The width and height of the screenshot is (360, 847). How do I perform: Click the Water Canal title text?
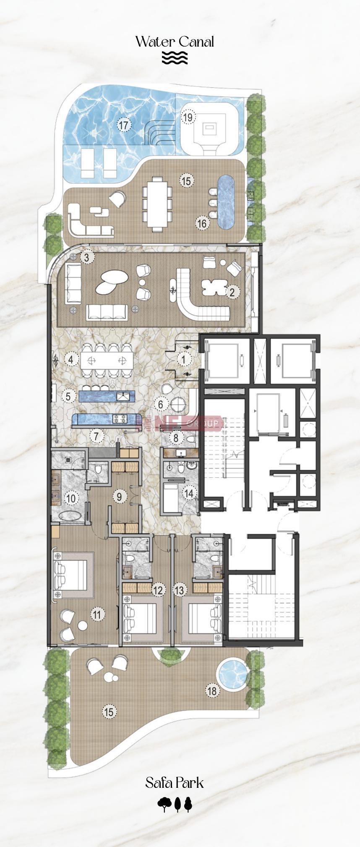click(175, 42)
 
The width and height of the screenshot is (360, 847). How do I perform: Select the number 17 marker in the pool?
click(124, 125)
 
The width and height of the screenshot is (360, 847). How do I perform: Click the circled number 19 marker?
click(188, 117)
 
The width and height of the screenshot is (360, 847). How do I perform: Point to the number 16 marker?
click(202, 223)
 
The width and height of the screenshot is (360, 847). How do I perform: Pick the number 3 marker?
click(86, 257)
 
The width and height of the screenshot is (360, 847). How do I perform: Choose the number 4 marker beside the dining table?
click(71, 359)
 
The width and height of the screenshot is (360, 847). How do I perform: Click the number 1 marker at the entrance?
click(183, 359)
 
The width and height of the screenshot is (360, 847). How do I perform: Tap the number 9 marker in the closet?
click(120, 497)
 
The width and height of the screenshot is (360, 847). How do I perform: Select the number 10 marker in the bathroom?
click(71, 498)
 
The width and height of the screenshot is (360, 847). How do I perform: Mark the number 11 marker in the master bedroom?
click(97, 615)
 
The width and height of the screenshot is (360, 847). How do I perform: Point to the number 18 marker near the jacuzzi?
click(213, 691)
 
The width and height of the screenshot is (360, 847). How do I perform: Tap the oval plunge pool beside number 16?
click(226, 202)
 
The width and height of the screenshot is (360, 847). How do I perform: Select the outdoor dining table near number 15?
click(157, 204)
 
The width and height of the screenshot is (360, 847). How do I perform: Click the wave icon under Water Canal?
click(175, 58)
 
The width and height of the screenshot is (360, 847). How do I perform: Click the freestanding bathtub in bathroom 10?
click(70, 516)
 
